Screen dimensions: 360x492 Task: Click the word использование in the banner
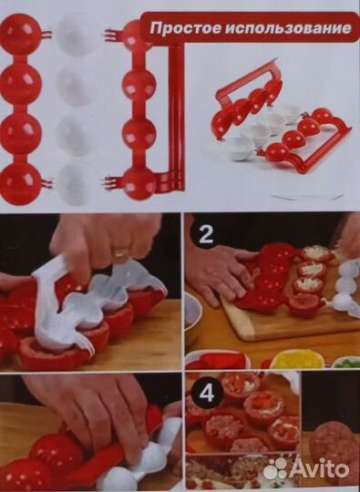click(287, 27)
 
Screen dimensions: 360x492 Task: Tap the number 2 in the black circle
click(206, 235)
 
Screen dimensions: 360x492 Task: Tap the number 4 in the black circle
click(206, 395)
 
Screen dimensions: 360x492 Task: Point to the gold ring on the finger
click(121, 252)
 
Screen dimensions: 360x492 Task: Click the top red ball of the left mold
click(19, 34)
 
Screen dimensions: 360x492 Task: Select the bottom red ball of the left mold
click(19, 184)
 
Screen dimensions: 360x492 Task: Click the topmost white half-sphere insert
click(75, 36)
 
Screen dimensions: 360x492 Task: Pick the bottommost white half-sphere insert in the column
click(75, 185)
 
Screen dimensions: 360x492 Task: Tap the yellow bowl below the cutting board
click(297, 359)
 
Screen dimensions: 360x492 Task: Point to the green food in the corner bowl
click(348, 363)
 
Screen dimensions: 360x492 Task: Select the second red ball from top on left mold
click(20, 84)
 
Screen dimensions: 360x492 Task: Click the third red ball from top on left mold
click(20, 134)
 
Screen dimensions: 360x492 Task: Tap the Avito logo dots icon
click(274, 470)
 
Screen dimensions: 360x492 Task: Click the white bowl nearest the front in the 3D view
click(241, 149)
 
